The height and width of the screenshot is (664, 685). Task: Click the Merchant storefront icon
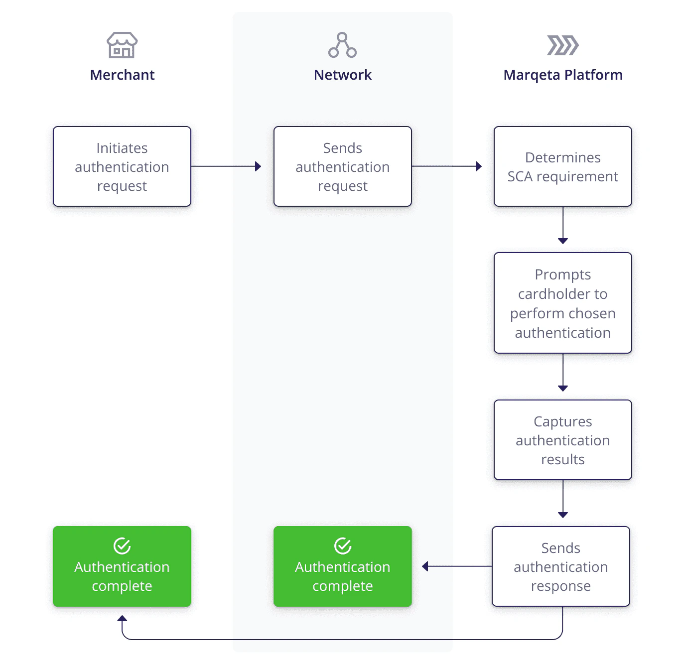122,45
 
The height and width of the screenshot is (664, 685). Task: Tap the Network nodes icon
342,45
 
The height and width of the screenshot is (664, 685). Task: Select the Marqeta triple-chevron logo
562,45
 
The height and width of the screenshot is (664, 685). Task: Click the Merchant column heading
122,75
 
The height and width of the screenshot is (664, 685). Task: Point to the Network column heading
342,75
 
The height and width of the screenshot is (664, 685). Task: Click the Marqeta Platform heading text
562,75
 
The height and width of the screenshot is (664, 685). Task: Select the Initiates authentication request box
122,166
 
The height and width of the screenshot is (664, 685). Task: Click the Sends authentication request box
342,166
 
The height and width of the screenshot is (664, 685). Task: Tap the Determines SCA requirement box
562,166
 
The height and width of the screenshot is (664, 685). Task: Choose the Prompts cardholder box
562,303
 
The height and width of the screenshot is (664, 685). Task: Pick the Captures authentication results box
562,440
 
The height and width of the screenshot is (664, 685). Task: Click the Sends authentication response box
560,566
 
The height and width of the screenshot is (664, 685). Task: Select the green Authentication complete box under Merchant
122,566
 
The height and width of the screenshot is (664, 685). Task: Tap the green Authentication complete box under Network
342,566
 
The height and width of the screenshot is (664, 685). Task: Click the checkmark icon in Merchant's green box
122,546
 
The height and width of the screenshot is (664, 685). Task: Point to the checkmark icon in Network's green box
342,546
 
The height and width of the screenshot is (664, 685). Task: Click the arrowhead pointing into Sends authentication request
258,166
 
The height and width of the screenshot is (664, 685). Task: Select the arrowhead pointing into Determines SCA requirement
479,166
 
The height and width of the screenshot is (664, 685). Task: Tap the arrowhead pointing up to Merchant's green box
122,619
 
